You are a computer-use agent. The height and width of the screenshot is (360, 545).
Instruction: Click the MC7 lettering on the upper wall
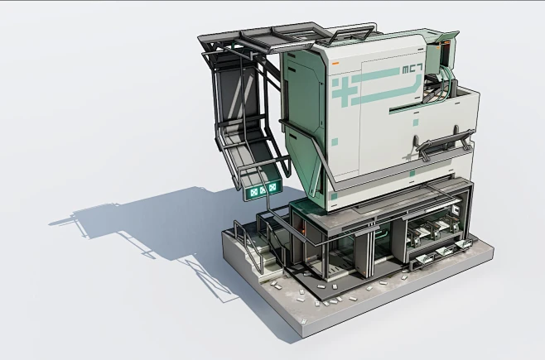412,70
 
